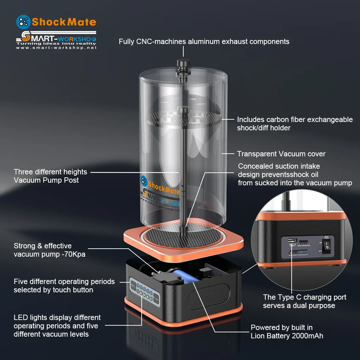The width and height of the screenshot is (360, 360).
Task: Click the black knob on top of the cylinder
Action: click(183, 62)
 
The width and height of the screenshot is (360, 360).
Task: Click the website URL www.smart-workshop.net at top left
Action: click(56, 48)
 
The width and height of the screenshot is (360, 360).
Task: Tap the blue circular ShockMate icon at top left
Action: click(23, 22)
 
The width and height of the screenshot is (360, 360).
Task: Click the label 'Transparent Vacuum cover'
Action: click(281, 154)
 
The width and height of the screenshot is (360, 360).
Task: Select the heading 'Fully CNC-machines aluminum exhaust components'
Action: click(204, 42)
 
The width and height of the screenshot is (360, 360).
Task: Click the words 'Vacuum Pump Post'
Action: click(46, 180)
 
